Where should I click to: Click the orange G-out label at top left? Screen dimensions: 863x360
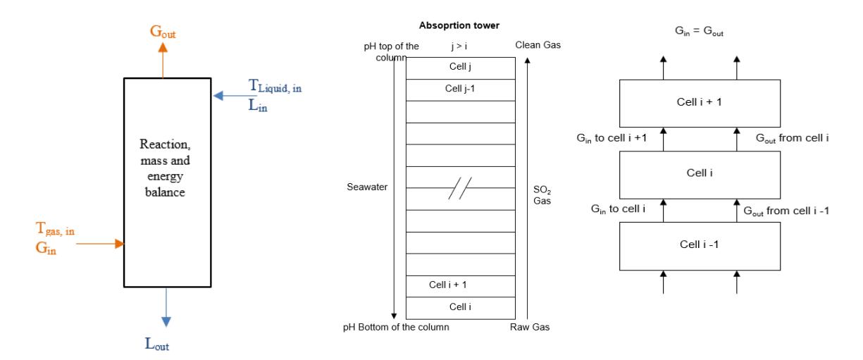[x=163, y=32]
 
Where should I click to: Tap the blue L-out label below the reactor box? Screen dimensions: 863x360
[x=157, y=343]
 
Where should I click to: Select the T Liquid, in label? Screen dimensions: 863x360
[x=275, y=85]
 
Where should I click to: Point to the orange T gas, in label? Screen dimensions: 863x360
[x=55, y=228]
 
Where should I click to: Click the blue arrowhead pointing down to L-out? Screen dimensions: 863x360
[x=166, y=321]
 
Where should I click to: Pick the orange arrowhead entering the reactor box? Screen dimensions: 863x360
[x=120, y=244]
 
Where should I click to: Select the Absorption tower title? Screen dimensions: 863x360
[x=459, y=25]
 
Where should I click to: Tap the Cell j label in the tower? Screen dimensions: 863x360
[x=460, y=67]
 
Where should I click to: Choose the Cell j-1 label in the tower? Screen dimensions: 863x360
[x=459, y=89]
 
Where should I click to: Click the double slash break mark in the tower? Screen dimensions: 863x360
[x=460, y=188]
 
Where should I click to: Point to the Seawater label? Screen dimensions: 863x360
[x=367, y=187]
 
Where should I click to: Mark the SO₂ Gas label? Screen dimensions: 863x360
[x=542, y=195]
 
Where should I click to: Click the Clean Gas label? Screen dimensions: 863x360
[x=538, y=45]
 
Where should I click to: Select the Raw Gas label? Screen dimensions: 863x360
[x=530, y=327]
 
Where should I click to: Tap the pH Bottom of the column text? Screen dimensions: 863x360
[x=396, y=327]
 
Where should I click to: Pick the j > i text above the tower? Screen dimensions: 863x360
[x=459, y=46]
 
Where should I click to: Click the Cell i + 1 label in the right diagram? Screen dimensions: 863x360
[x=700, y=102]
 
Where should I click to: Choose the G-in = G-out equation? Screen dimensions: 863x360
[x=699, y=31]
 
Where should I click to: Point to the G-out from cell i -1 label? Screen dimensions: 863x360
[x=786, y=211]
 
